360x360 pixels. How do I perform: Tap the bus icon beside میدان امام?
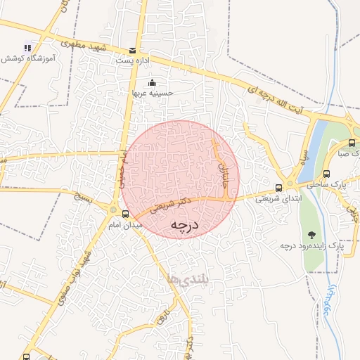coord(125,213)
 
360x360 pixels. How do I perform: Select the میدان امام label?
coord(126,224)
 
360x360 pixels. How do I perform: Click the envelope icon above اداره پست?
coord(133,50)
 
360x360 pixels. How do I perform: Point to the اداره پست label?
coord(133,61)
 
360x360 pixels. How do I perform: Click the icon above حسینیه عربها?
coord(153,82)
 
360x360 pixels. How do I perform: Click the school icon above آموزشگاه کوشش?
coord(27,47)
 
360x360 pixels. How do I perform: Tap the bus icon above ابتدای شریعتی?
coord(280,187)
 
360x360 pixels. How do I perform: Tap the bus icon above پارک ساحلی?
coord(326,174)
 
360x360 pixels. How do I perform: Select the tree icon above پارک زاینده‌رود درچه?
coord(311,235)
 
